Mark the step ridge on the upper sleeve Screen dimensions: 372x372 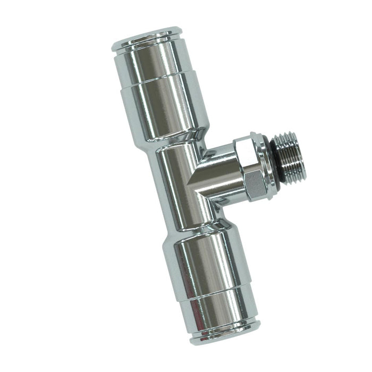154,85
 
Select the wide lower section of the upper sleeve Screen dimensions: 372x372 159,109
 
